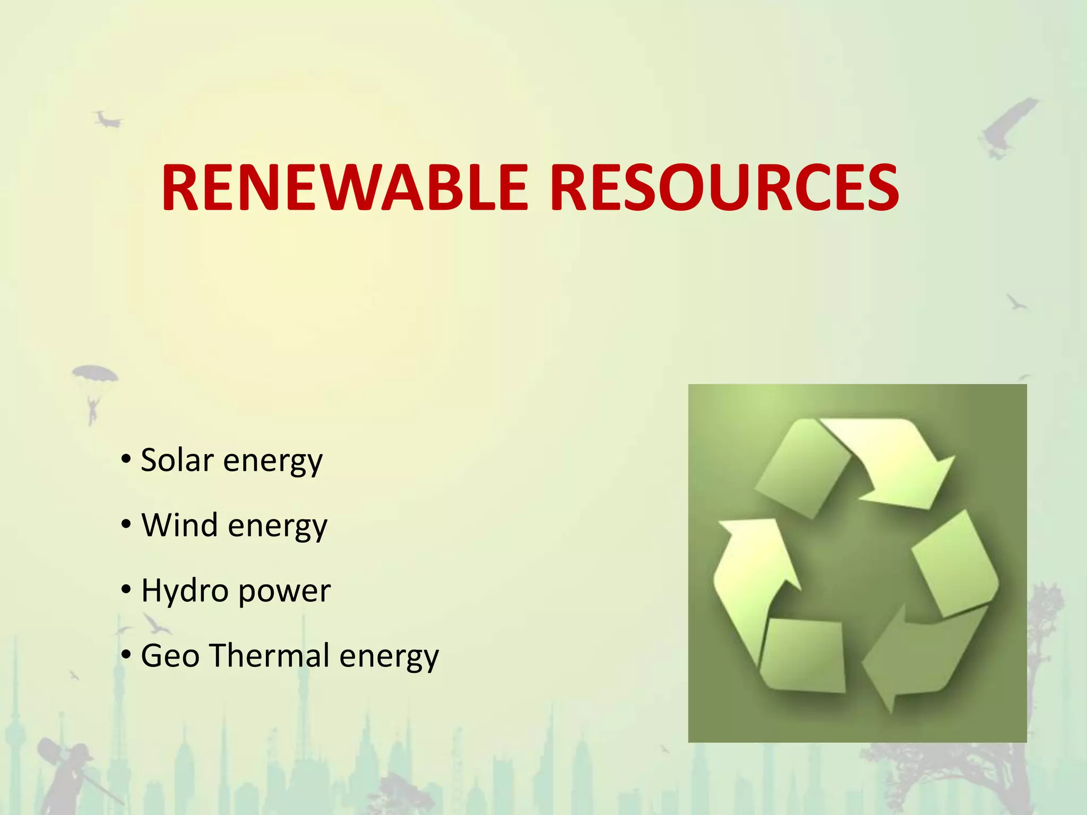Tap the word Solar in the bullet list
click(x=177, y=459)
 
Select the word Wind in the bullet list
click(x=180, y=525)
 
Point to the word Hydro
click(x=184, y=591)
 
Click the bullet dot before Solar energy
click(x=126, y=459)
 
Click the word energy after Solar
click(x=273, y=462)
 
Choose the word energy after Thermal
click(x=389, y=657)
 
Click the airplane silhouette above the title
click(x=108, y=120)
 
